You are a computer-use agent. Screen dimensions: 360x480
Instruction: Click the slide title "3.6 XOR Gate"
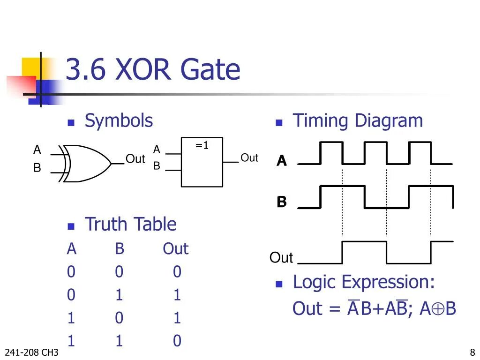point(152,70)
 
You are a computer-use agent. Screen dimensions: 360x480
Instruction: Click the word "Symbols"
point(119,121)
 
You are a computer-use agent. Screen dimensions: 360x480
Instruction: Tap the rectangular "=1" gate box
point(202,162)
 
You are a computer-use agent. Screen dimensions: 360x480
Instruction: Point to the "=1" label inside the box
point(202,146)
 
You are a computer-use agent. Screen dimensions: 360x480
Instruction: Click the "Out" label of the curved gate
point(135,159)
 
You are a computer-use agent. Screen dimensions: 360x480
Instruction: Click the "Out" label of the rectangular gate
point(249,158)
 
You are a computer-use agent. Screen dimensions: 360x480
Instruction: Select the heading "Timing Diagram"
point(358,121)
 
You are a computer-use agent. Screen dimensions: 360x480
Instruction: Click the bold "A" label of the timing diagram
point(281,161)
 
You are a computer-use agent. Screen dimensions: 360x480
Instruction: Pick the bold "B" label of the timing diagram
point(281,202)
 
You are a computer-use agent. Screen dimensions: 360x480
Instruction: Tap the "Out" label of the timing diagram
point(281,257)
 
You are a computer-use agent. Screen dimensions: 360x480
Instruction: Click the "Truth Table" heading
point(130,225)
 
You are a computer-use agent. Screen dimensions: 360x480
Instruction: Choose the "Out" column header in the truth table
point(175,249)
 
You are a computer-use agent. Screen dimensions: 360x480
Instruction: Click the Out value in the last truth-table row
point(177,341)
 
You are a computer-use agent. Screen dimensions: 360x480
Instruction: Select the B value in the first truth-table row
point(119,272)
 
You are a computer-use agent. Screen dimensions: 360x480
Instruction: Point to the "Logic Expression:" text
point(364,282)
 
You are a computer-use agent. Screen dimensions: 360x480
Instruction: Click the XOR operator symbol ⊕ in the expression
point(438,309)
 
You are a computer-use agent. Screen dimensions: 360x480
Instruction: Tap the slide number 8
point(472,352)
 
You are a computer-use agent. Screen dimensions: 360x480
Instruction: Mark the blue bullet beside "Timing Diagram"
point(278,123)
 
